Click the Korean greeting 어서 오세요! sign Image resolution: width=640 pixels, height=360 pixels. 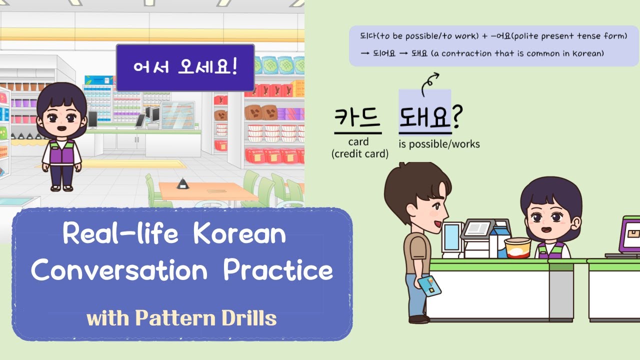185,67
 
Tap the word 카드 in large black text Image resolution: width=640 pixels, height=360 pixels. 357,118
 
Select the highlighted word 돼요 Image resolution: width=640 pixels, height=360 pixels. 424,118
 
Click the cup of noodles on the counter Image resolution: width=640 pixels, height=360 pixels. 517,247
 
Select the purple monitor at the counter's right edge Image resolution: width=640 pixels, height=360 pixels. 629,235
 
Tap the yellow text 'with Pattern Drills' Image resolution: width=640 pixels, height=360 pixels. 181,318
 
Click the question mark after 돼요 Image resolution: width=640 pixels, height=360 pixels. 457,118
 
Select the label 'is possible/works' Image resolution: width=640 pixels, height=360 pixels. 439,144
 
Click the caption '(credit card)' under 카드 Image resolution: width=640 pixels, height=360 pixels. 360,154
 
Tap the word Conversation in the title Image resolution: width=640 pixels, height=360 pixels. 119,270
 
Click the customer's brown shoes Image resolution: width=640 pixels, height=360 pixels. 418,319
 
